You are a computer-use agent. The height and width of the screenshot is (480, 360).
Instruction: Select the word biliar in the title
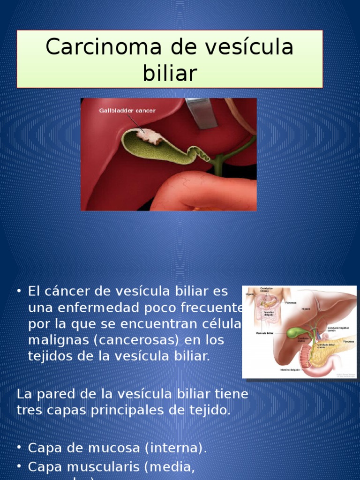coord(170,73)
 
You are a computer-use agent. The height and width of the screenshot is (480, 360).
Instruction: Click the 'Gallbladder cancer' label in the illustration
coord(127,111)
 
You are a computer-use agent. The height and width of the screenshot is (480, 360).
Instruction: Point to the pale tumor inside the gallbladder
coord(149,136)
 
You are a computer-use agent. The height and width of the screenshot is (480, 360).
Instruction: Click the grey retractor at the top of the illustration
coord(202,112)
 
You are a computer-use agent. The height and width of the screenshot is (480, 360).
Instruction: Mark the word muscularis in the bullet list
coord(104,467)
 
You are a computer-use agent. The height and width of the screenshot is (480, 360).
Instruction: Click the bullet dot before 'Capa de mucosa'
coord(19,448)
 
